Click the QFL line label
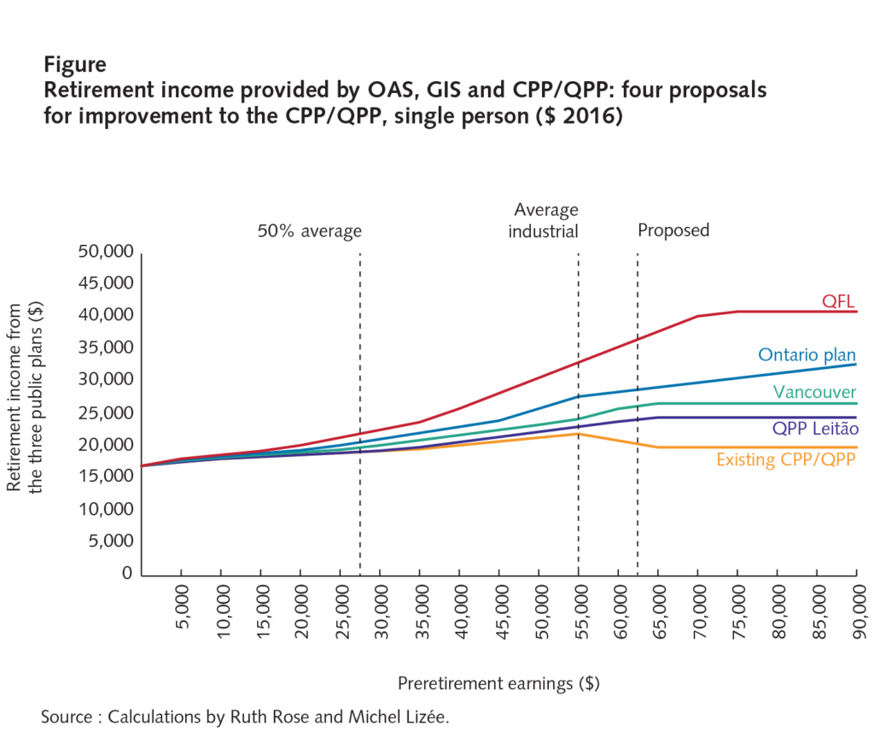click(838, 301)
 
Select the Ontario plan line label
click(807, 355)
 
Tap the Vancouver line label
click(814, 392)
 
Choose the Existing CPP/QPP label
click(786, 459)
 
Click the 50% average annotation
click(309, 231)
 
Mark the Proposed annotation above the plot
click(673, 231)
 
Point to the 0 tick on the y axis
click(126, 574)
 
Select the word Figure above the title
click(75, 65)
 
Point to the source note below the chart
click(244, 716)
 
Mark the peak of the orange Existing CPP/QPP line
click(579, 433)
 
